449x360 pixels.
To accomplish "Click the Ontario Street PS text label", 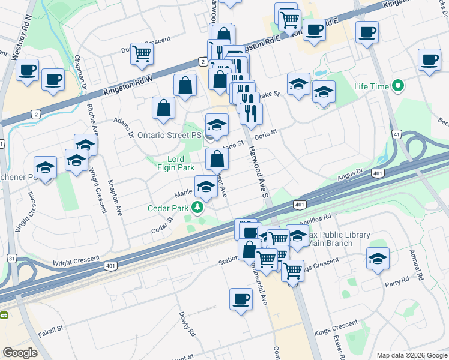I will click(x=169, y=136).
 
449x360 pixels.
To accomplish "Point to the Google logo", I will click(x=20, y=353).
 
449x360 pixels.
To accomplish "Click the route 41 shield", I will click(x=396, y=134).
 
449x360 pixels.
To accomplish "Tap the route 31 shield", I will click(x=11, y=258).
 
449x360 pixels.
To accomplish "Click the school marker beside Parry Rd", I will click(x=378, y=259).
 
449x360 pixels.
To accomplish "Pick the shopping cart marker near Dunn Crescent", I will click(x=142, y=54).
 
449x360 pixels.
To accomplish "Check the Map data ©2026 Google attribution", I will click(x=411, y=355).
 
